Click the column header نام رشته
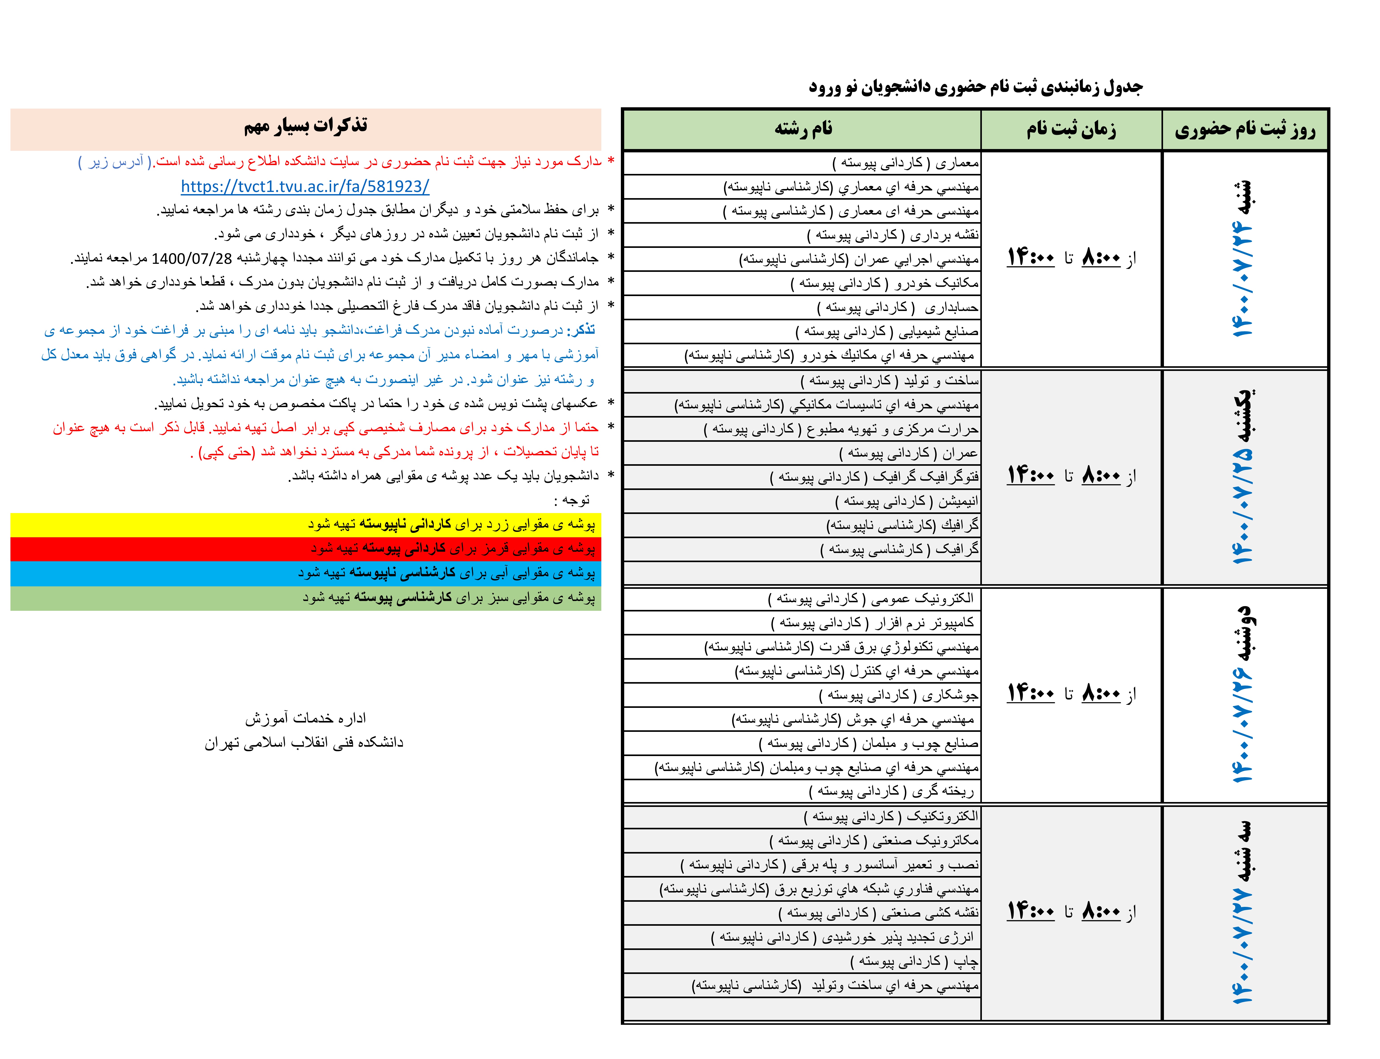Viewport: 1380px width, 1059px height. [803, 129]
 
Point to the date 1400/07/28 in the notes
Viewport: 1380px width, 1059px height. [192, 259]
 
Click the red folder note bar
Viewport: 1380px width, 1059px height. [305, 548]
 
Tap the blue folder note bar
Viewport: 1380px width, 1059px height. [305, 573]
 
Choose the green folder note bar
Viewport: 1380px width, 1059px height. [305, 598]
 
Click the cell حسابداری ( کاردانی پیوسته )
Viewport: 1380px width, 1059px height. [897, 308]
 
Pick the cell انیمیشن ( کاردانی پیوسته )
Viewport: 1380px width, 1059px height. [906, 502]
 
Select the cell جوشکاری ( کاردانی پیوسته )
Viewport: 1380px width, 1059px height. [898, 695]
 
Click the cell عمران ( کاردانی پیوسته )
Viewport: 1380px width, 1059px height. [908, 453]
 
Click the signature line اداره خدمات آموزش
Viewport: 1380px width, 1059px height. [305, 718]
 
